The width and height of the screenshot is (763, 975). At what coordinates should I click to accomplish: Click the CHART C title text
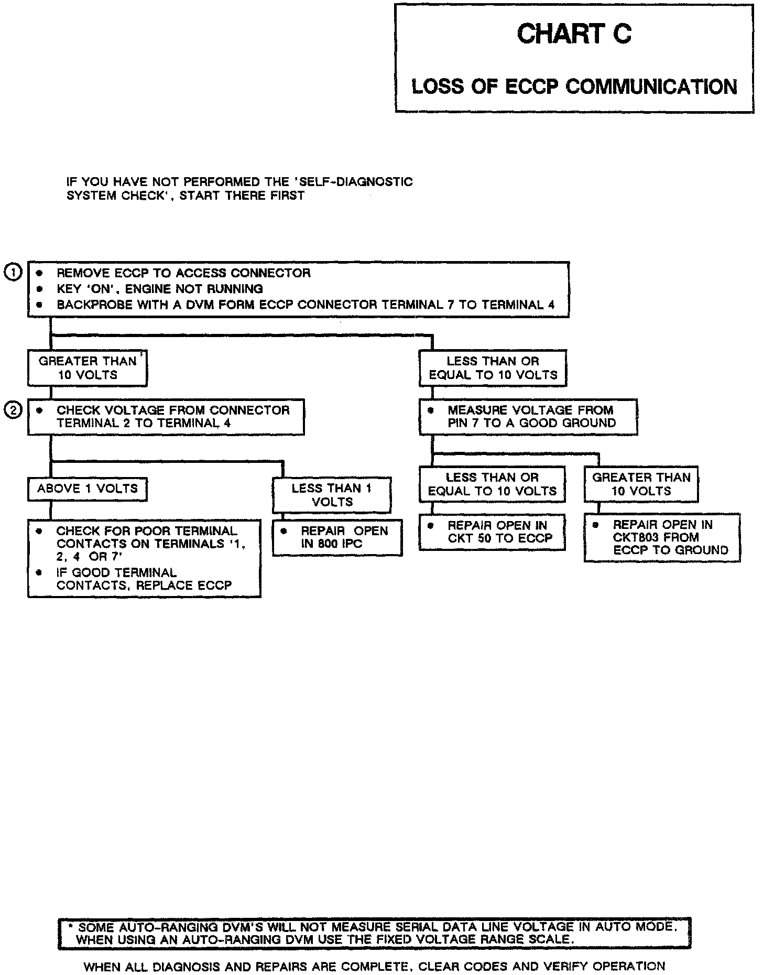pyautogui.click(x=574, y=35)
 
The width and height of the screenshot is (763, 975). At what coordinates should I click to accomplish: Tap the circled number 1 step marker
pyautogui.click(x=13, y=272)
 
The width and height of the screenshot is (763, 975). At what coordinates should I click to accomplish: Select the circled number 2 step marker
pyautogui.click(x=13, y=411)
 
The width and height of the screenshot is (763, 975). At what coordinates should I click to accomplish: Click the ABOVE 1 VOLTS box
pyautogui.click(x=87, y=489)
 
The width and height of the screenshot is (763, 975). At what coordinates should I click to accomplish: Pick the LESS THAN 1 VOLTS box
pyautogui.click(x=332, y=495)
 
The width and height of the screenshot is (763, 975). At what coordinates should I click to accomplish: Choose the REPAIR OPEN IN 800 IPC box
pyautogui.click(x=337, y=537)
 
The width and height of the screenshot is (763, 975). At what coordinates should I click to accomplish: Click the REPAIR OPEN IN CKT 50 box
pyautogui.click(x=492, y=532)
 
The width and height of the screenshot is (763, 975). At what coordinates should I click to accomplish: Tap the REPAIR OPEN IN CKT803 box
pyautogui.click(x=662, y=537)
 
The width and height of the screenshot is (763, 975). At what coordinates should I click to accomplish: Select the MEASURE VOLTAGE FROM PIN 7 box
pyautogui.click(x=528, y=417)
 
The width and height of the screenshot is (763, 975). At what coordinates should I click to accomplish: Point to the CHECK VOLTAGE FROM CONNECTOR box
pyautogui.click(x=166, y=417)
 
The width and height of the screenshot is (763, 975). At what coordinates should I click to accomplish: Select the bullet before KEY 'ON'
pyautogui.click(x=39, y=289)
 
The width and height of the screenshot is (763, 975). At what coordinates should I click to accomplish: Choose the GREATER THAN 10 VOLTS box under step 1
pyautogui.click(x=87, y=368)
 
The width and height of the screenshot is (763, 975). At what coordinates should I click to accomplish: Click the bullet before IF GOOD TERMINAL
pyautogui.click(x=39, y=573)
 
